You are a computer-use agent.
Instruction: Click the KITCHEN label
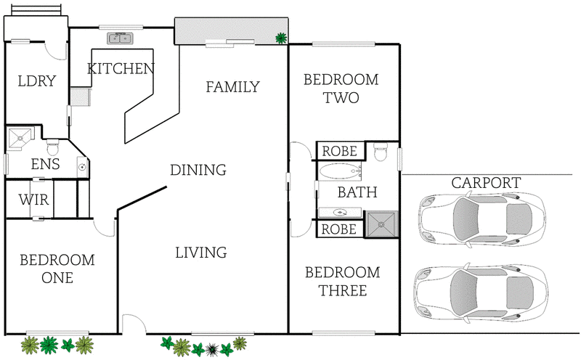121,69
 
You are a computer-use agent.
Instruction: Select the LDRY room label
36,81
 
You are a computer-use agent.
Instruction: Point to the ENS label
45,164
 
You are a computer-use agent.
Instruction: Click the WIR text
34,200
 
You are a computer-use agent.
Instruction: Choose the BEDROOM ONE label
57,269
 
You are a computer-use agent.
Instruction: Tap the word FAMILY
232,87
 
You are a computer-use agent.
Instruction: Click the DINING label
198,171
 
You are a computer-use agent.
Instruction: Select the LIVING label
201,253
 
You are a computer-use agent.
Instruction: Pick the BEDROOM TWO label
341,89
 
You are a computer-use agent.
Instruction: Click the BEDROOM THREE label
342,282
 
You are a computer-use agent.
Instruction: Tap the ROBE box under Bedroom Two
340,151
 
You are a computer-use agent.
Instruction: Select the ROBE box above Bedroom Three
340,229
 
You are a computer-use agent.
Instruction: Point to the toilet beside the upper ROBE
379,152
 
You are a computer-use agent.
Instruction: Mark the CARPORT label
486,182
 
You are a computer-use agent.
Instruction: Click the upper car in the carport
482,217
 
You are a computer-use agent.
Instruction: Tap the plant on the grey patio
280,38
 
